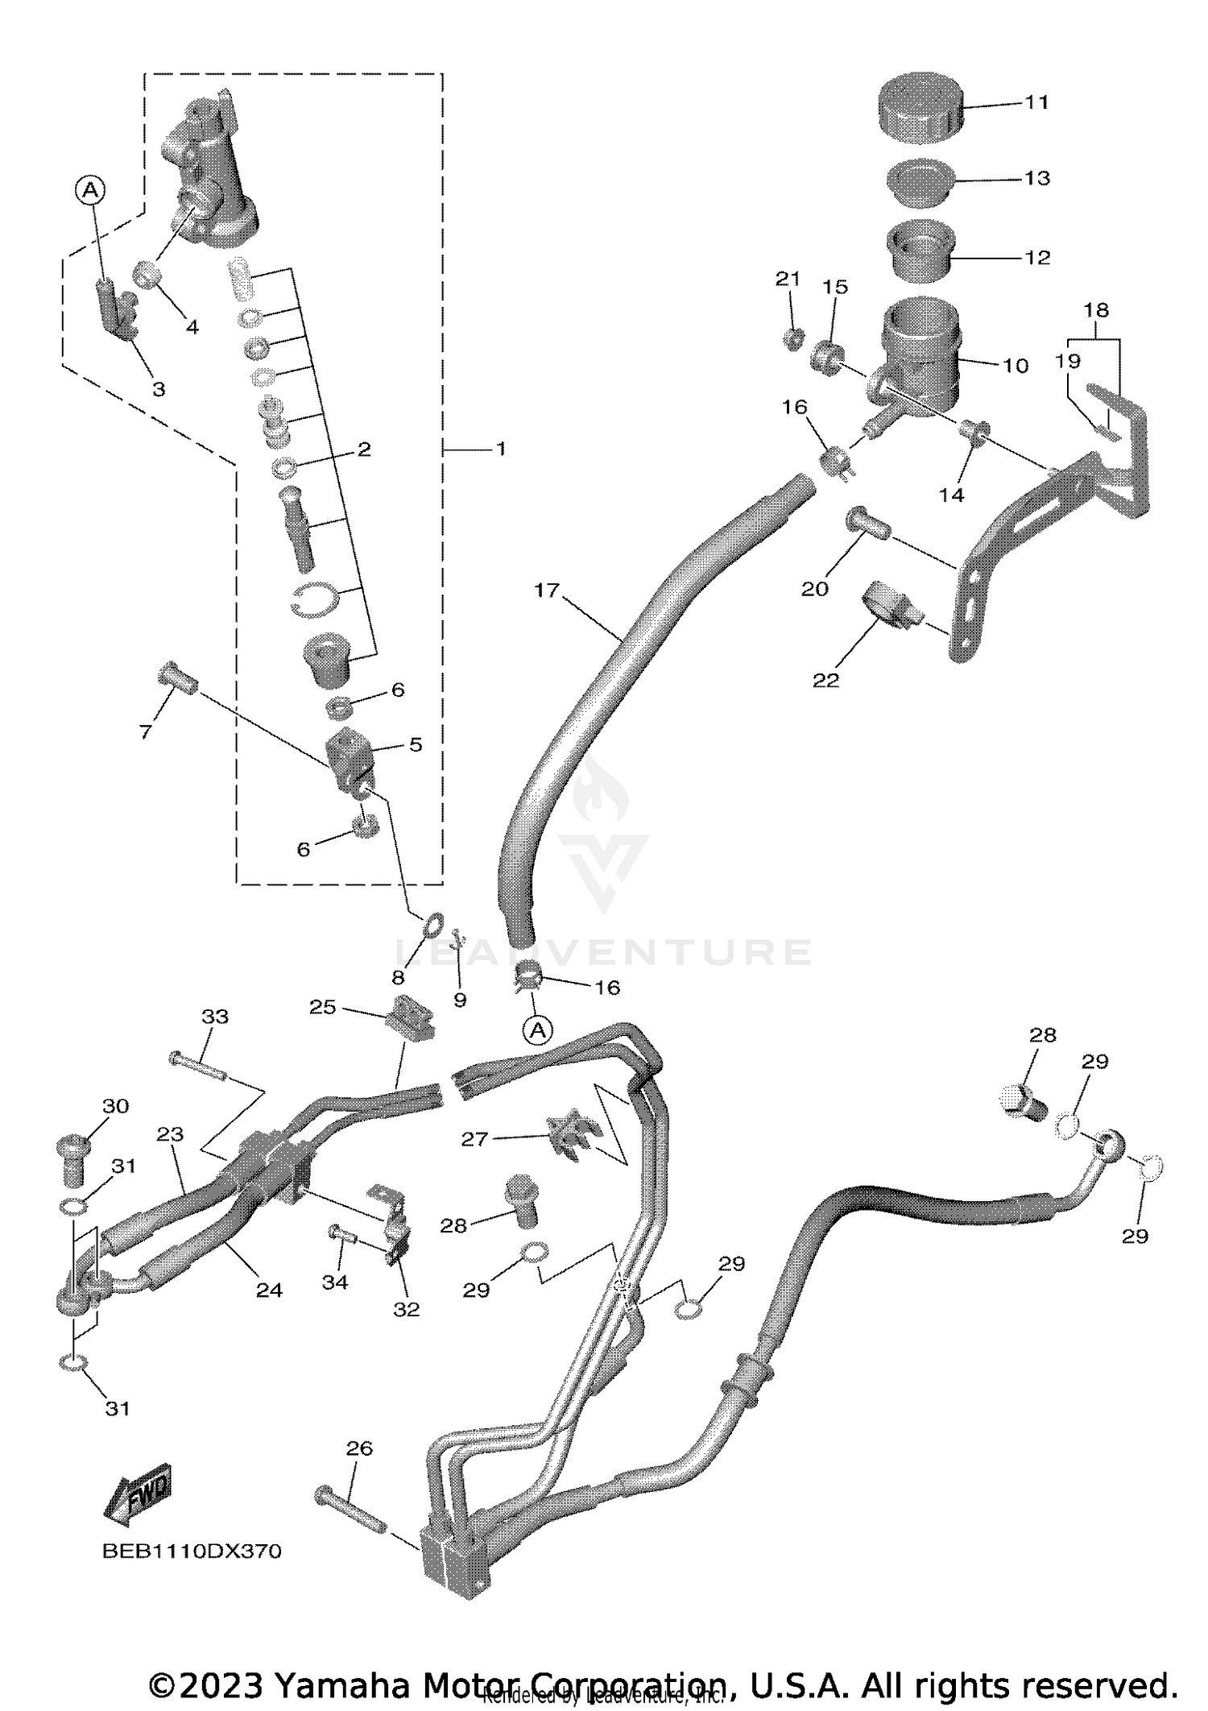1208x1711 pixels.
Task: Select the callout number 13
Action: tap(1037, 178)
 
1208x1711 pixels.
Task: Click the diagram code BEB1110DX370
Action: tap(192, 1551)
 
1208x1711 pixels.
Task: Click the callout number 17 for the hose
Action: tap(546, 590)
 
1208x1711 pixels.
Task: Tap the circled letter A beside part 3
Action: tap(90, 190)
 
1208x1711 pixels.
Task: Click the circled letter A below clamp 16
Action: tap(539, 1029)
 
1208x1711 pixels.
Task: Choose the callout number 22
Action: tap(825, 680)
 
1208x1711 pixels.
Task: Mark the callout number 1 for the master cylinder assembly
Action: tap(501, 449)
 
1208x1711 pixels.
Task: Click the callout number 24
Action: tap(269, 1290)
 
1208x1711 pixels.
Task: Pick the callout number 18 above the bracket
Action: tap(1096, 310)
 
